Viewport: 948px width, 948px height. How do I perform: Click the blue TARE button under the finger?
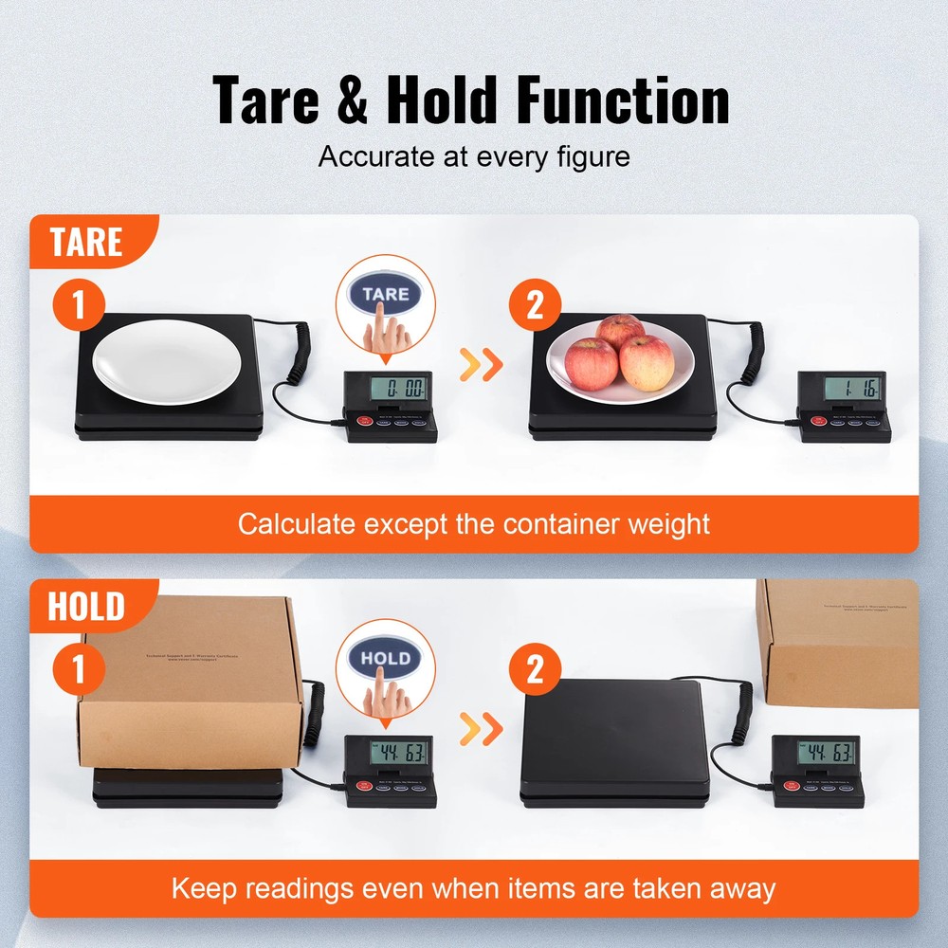[x=385, y=294]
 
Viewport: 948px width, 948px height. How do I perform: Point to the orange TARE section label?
[x=86, y=242]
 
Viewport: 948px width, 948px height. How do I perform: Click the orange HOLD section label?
[x=86, y=606]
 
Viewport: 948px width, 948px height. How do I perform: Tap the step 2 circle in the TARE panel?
[x=536, y=306]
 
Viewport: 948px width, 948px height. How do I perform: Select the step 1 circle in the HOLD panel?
[x=80, y=669]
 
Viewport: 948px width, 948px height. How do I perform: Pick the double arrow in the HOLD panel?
[x=480, y=728]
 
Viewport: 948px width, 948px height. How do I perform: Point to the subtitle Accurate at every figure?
[x=474, y=155]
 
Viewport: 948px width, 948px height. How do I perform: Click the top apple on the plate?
[x=620, y=332]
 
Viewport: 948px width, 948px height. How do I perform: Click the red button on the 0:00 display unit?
[x=362, y=421]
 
